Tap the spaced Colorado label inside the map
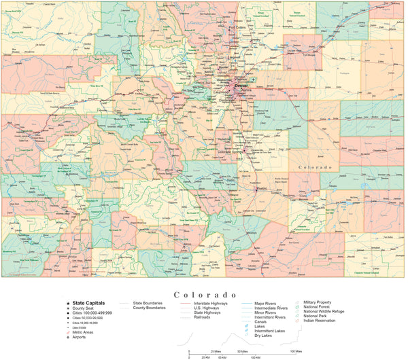point(315,167)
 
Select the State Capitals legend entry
point(90,303)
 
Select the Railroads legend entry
point(202,317)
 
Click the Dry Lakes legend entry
point(266,336)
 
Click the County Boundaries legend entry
point(149,308)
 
